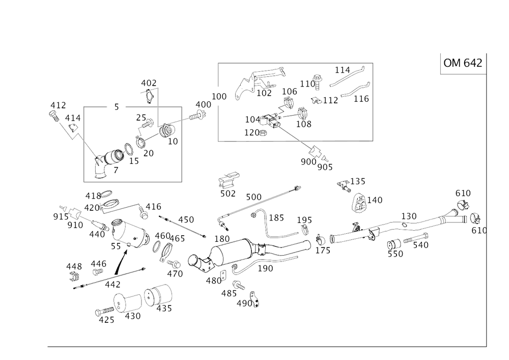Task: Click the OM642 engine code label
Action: click(x=463, y=63)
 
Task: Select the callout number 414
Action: click(x=73, y=118)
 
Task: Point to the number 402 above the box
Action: click(x=149, y=82)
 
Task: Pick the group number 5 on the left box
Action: click(x=117, y=107)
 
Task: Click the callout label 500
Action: click(x=253, y=196)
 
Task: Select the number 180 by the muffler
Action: click(x=221, y=238)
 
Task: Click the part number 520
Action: click(x=395, y=253)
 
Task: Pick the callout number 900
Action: click(x=219, y=96)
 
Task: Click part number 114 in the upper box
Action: click(x=343, y=69)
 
